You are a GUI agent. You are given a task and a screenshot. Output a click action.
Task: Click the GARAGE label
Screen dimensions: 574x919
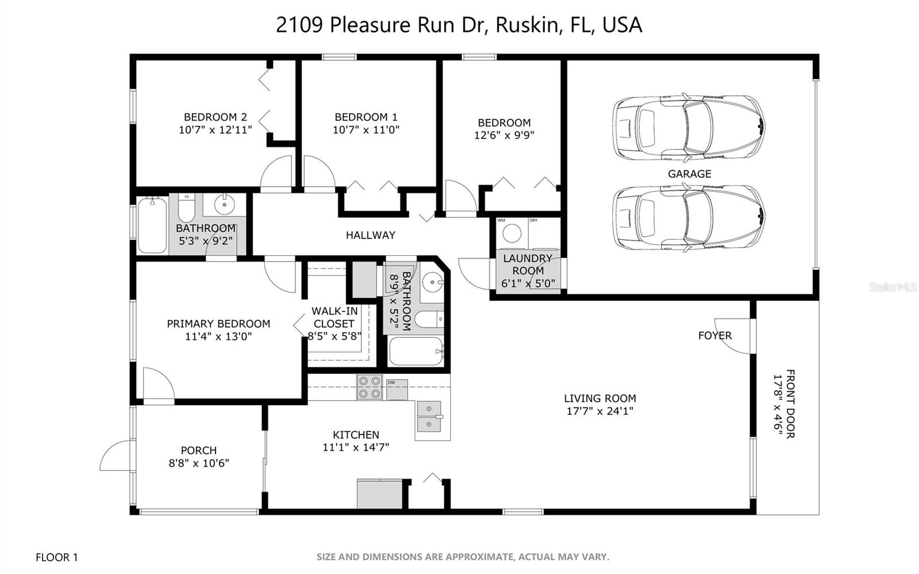689,174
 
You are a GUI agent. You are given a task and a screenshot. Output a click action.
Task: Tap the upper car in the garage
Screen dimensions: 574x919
689,127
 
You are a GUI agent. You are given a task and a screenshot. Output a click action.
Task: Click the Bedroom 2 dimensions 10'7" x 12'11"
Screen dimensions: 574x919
215,130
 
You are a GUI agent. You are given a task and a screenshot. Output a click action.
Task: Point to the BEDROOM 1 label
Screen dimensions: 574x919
366,117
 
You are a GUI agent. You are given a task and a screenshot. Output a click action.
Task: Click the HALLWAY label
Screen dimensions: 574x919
370,235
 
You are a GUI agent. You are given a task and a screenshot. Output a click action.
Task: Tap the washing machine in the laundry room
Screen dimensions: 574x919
512,233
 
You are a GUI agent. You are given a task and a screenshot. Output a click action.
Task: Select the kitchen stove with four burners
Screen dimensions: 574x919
369,387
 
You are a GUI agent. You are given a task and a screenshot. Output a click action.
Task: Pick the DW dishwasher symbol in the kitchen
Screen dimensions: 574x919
396,389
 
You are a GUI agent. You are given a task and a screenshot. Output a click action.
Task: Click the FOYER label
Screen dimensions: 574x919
715,336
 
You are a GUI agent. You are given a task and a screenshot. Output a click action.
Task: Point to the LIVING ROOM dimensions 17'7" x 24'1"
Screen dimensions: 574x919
600,411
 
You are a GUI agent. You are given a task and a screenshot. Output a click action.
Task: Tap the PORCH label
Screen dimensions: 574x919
199,450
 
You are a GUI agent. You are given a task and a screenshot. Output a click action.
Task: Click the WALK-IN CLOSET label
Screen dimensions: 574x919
334,317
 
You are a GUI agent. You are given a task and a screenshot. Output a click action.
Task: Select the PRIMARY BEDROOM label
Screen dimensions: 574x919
218,324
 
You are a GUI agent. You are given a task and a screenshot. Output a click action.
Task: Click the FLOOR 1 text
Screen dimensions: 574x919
57,557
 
